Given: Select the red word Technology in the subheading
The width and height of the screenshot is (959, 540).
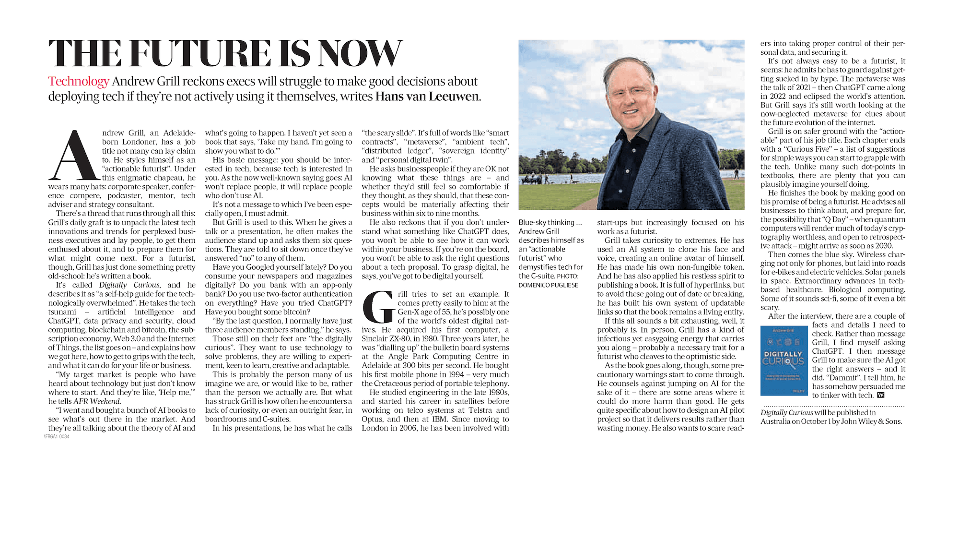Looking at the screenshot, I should [x=79, y=82].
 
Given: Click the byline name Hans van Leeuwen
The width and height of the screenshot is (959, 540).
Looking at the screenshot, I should [x=427, y=96].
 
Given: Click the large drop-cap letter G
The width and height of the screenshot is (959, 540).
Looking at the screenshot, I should [x=378, y=307].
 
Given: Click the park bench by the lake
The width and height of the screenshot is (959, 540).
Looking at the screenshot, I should [x=532, y=180].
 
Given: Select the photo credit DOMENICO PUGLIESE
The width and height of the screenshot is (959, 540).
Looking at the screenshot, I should [x=548, y=285].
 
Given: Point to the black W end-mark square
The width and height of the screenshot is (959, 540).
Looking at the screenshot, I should [x=880, y=395].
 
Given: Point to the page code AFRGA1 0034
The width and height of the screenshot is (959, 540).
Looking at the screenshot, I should [x=57, y=437].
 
